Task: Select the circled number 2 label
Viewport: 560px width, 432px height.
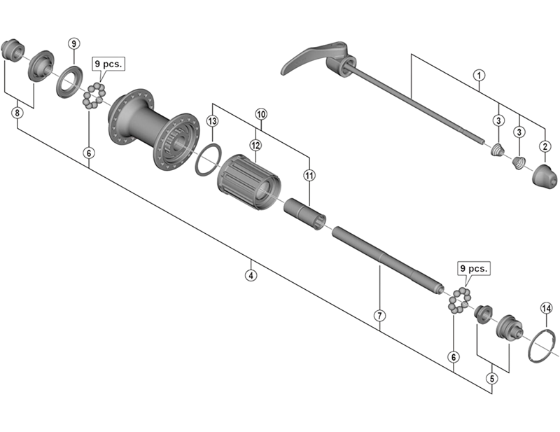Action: tap(544, 146)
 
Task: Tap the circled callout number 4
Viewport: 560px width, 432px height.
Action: tap(251, 275)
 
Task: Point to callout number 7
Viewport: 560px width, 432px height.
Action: tap(379, 316)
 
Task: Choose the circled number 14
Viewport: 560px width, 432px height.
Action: tap(546, 308)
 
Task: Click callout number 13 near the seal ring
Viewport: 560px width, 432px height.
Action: tap(213, 122)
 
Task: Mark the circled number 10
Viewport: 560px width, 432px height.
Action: tap(261, 113)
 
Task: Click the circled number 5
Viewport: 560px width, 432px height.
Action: tap(491, 379)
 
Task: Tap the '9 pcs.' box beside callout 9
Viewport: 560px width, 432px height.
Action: tap(107, 63)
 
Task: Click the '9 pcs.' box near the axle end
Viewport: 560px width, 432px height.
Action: tap(475, 268)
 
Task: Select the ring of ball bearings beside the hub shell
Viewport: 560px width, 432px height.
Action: tap(95, 95)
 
